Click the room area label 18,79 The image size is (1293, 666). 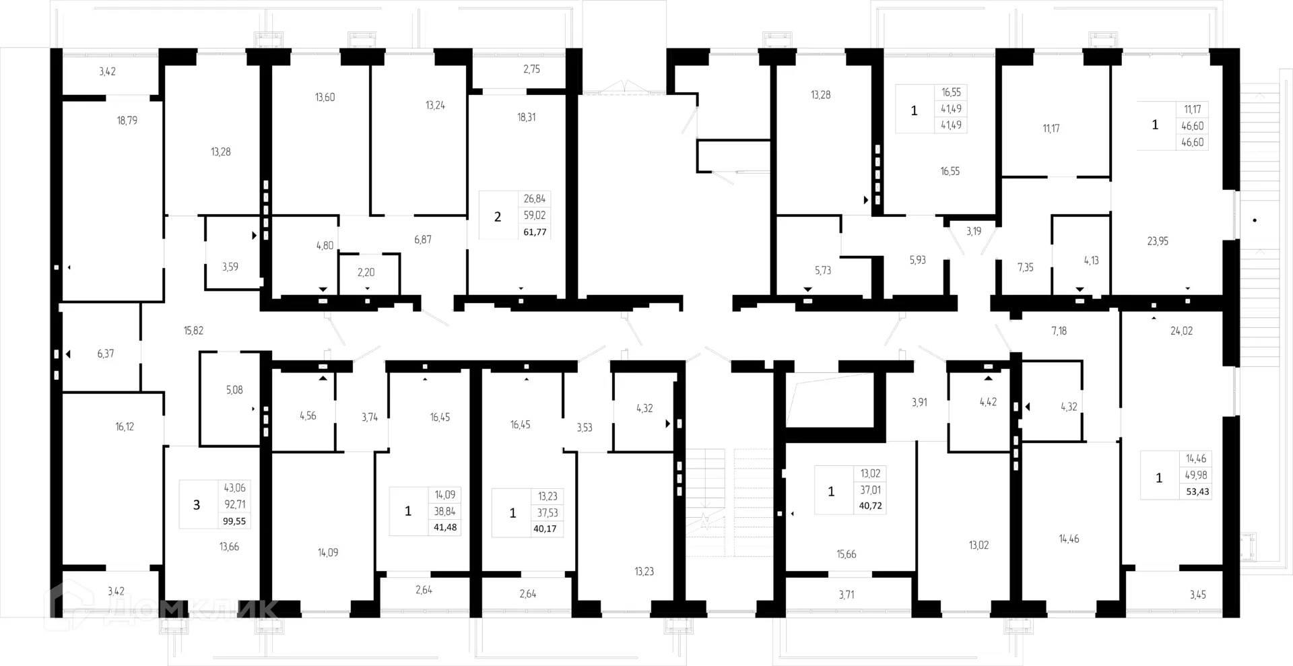point(127,121)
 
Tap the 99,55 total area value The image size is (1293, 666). point(234,521)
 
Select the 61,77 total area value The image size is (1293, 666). point(535,232)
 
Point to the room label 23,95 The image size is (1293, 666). point(1158,241)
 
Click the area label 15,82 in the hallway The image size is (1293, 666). point(193,331)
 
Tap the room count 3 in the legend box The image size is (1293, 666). point(197,505)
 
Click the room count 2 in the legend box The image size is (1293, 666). point(498,216)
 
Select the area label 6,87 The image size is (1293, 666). point(423,240)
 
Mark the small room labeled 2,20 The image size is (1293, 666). point(366,273)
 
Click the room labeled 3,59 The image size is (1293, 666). point(230,267)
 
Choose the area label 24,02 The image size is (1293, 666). point(1181,331)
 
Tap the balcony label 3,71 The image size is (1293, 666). point(847,595)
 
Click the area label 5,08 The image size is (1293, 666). point(234,391)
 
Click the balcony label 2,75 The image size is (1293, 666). point(531,69)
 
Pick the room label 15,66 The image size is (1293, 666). point(846,555)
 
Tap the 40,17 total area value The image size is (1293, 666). point(545,529)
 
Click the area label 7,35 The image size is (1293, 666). point(1025,268)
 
